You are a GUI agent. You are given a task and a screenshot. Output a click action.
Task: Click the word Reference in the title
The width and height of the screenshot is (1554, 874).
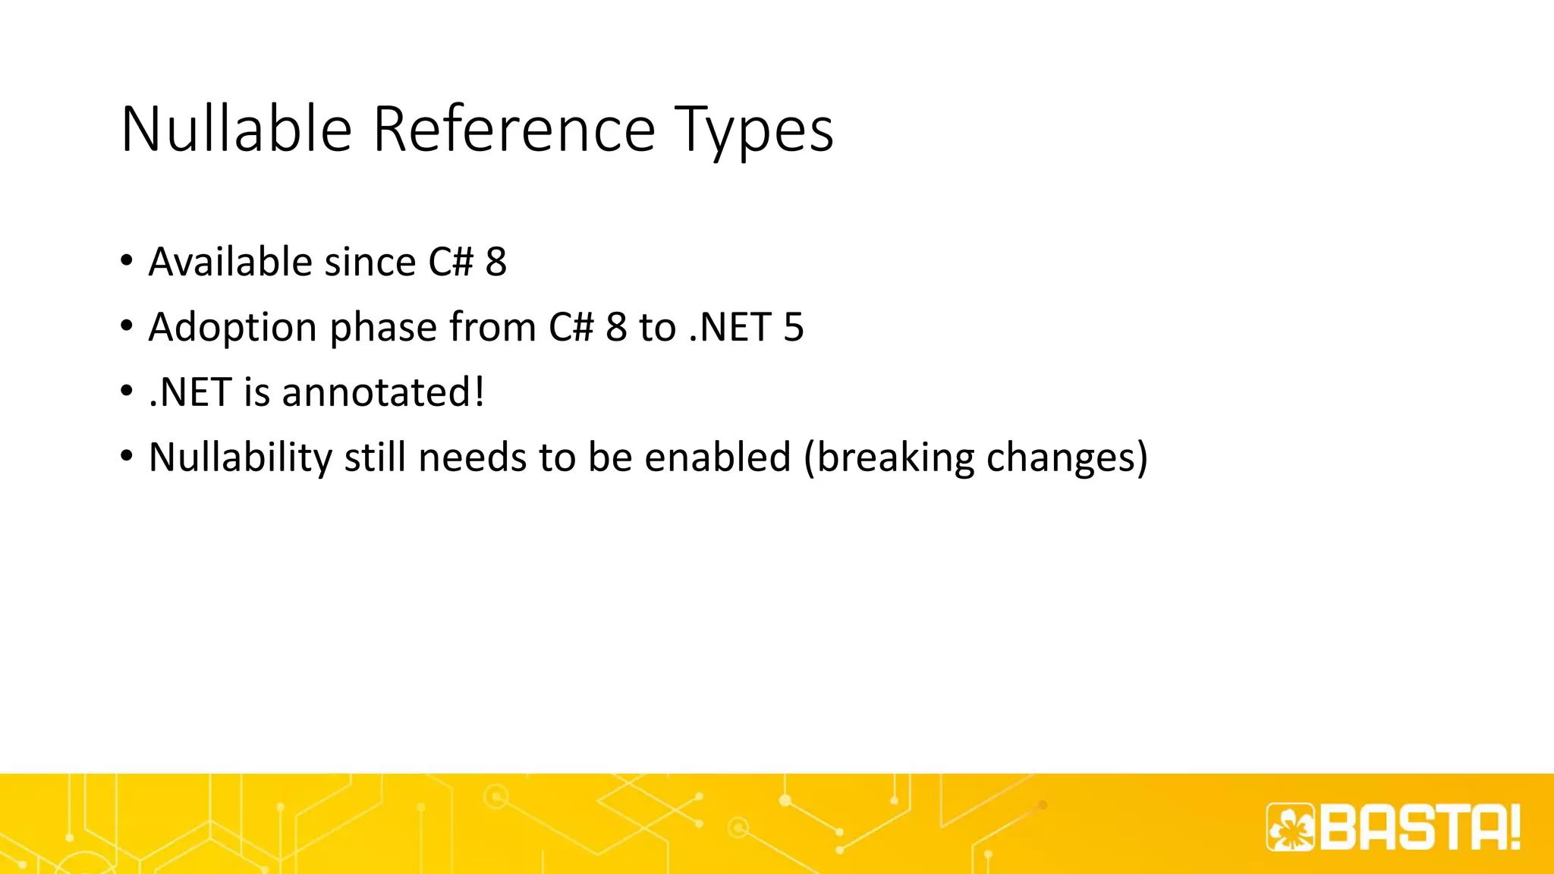pyautogui.click(x=514, y=130)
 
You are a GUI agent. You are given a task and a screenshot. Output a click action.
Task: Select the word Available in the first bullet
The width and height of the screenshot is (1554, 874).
pyautogui.click(x=230, y=263)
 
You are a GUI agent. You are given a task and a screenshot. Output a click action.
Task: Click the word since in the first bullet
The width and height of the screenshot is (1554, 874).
pyautogui.click(x=370, y=263)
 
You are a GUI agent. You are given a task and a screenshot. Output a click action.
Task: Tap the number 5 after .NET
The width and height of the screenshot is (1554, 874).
pyautogui.click(x=794, y=328)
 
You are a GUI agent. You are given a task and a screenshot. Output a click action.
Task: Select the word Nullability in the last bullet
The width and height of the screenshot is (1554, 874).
pyautogui.click(x=240, y=458)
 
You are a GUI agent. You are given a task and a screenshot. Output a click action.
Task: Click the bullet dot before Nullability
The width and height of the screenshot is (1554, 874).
pyautogui.click(x=127, y=457)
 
